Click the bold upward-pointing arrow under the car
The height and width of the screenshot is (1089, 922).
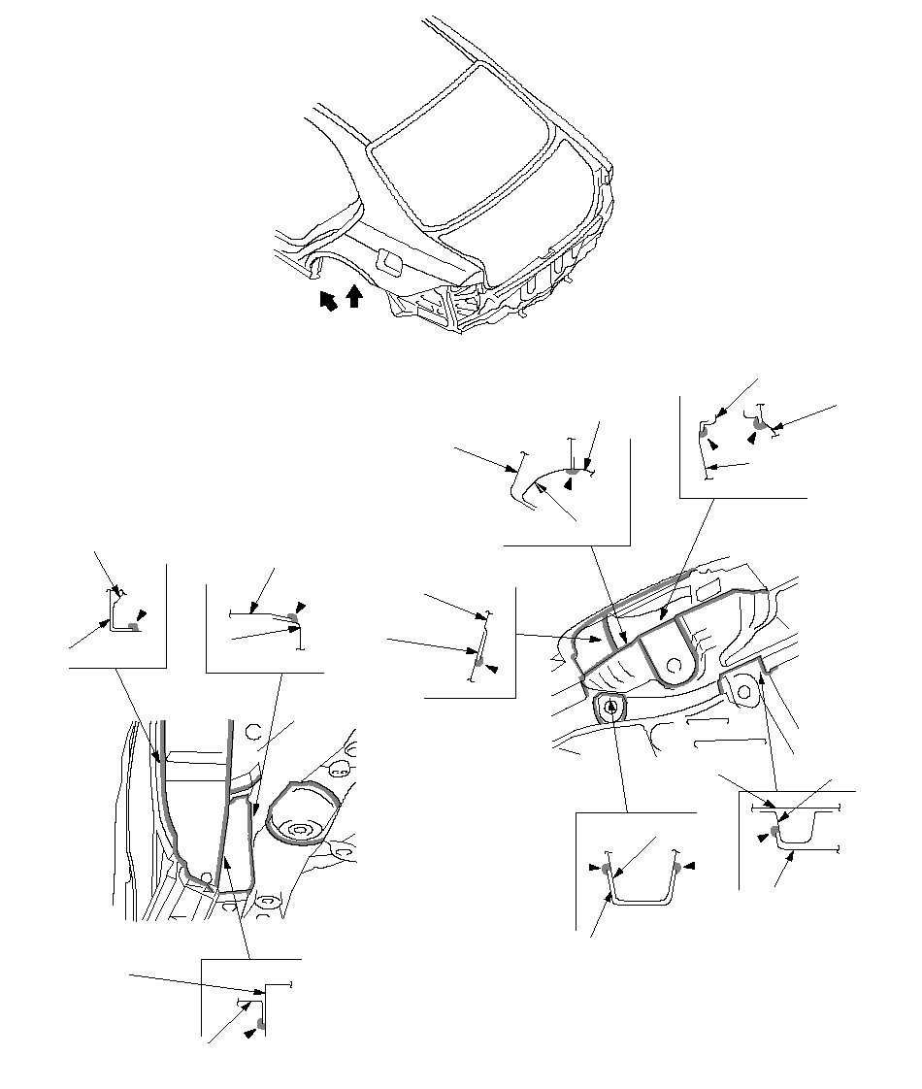tap(354, 295)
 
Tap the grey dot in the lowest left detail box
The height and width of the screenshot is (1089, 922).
tap(261, 1024)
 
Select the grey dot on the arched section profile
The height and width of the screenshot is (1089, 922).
tap(573, 472)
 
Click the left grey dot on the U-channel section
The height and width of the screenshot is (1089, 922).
tap(608, 867)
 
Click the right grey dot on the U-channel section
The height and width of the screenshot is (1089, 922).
tap(676, 867)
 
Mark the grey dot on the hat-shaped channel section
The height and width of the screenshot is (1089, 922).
tap(774, 830)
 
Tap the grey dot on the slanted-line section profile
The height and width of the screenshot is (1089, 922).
tap(478, 660)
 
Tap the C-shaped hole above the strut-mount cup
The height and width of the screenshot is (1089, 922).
tap(257, 732)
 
